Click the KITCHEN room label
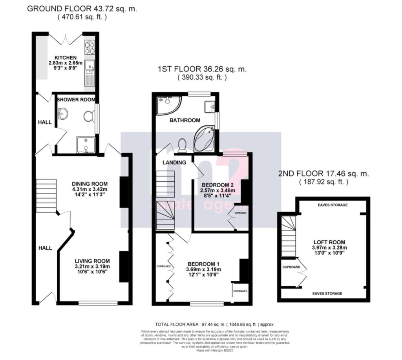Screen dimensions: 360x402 (65, 58)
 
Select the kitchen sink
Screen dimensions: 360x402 (90, 69)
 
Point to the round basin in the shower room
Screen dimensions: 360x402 (62, 114)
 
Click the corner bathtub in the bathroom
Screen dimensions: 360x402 (204, 139)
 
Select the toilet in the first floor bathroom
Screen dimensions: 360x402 (182, 145)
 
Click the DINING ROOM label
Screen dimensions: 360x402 (90, 183)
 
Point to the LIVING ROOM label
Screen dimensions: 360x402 (93, 261)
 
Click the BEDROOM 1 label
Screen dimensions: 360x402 (204, 263)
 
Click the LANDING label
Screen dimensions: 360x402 (175, 162)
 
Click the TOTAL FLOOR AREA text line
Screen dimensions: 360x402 (215, 325)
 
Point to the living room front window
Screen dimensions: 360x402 (98, 303)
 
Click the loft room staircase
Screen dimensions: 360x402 (288, 236)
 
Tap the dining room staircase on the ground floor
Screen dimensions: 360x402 (46, 196)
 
